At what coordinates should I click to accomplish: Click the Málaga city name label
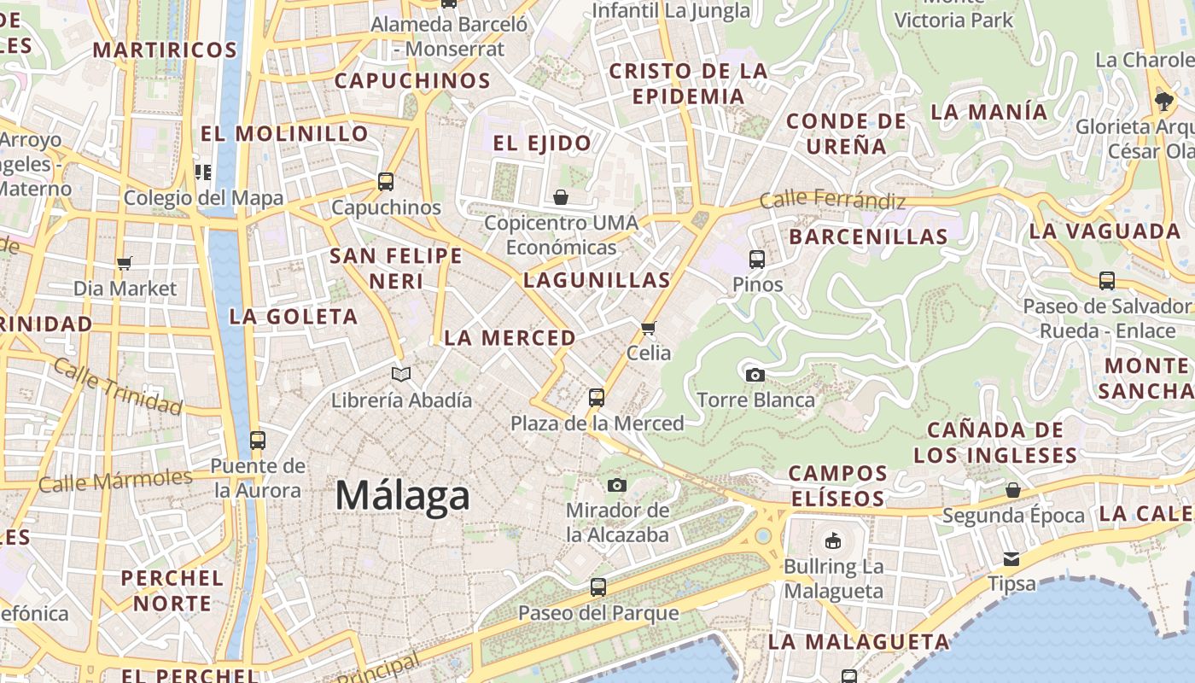402,496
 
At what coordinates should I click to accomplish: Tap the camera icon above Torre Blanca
755,375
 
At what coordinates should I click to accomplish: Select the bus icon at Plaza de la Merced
597,397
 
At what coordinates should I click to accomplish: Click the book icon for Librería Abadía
401,374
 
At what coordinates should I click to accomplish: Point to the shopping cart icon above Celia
649,328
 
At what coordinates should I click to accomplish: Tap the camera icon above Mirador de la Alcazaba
617,486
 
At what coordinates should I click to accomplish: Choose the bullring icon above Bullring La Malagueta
833,540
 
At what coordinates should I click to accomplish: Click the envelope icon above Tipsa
1011,559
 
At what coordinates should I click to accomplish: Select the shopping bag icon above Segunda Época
1013,490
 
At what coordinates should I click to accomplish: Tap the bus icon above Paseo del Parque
598,587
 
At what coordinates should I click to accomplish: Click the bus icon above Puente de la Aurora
257,441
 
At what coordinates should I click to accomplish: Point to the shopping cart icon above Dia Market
125,263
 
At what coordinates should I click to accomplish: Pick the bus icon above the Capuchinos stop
386,181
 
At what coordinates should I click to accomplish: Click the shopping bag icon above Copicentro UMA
561,197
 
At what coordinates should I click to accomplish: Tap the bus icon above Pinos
757,259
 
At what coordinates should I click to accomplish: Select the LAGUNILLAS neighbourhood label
597,280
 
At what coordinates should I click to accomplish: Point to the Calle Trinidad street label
118,386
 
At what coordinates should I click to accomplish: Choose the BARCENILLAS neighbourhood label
868,236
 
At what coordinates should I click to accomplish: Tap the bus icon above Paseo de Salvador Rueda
1107,280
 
